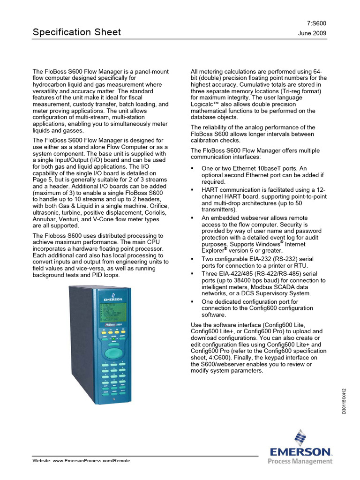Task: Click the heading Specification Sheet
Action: (x=76, y=32)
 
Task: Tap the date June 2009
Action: (x=312, y=33)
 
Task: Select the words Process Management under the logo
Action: (x=300, y=461)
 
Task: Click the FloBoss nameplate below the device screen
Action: (x=114, y=324)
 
